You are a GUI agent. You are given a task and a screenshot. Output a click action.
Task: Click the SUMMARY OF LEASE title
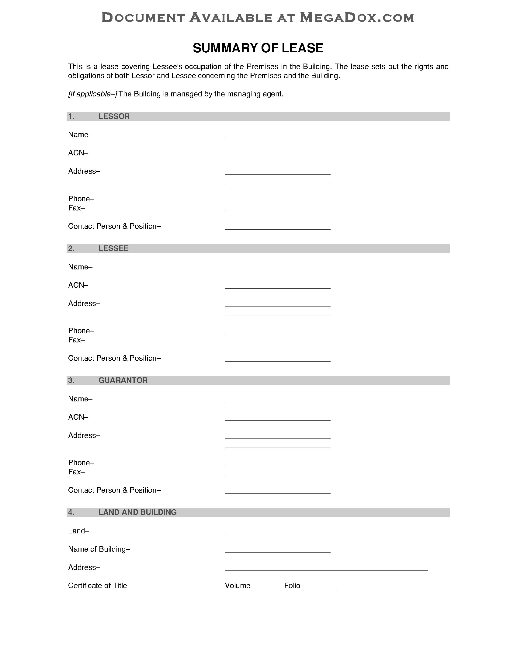pos(258,48)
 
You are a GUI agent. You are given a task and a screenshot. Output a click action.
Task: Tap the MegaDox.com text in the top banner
pos(357,18)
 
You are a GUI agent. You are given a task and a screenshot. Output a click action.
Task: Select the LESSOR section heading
pos(114,116)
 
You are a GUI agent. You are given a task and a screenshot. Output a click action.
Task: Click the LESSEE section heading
pos(113,248)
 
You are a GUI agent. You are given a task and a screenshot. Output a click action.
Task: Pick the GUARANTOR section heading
pos(123,380)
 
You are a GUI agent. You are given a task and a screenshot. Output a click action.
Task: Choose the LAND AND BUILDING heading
pos(137,512)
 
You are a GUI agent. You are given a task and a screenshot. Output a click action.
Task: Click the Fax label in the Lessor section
pos(76,208)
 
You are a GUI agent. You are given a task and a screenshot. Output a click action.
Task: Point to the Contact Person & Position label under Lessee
pos(114,358)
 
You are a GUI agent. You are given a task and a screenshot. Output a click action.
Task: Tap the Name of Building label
pos(99,549)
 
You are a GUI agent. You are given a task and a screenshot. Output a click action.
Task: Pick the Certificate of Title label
pos(99,586)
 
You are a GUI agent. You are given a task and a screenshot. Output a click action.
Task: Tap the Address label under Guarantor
pos(84,435)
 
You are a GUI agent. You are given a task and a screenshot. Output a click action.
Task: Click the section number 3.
pos(71,380)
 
